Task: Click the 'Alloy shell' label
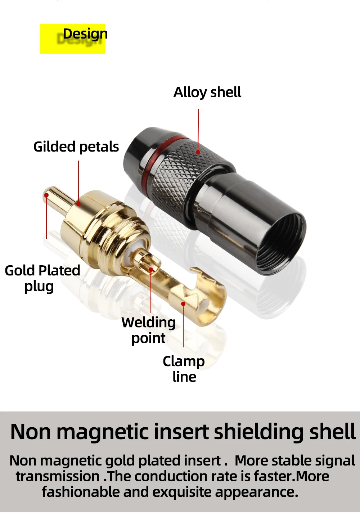click(207, 93)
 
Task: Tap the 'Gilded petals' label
click(76, 147)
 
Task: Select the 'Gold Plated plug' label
click(42, 278)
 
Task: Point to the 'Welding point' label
click(148, 330)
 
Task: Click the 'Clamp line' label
click(184, 369)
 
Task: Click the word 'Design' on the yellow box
click(85, 34)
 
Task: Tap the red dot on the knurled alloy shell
click(198, 152)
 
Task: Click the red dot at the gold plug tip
click(46, 195)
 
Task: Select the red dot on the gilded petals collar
click(78, 204)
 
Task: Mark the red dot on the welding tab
click(151, 269)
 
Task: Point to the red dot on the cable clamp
click(183, 304)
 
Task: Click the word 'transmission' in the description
click(58, 476)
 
